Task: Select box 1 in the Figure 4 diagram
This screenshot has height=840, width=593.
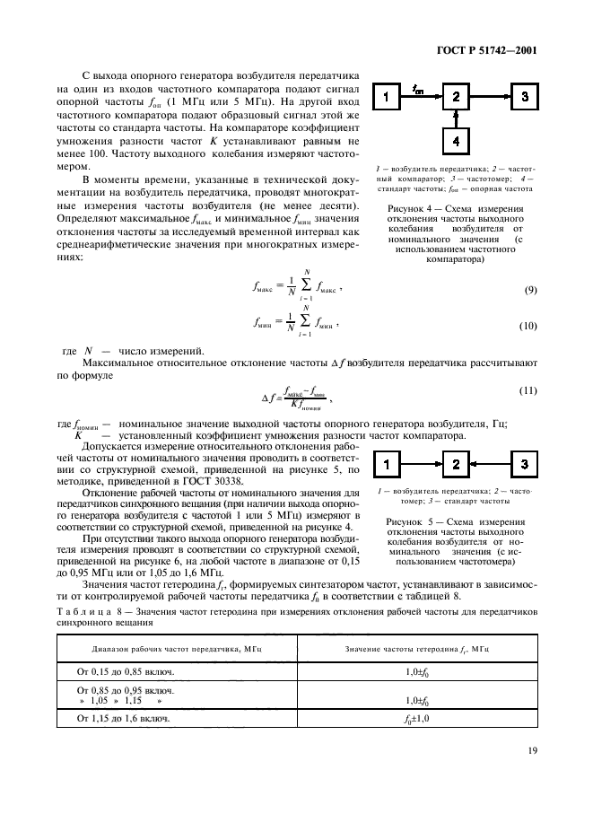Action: click(384, 96)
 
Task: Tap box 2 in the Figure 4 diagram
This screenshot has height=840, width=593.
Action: click(456, 96)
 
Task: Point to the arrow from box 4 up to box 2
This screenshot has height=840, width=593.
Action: click(456, 119)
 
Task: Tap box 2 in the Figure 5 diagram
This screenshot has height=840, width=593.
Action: click(456, 464)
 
